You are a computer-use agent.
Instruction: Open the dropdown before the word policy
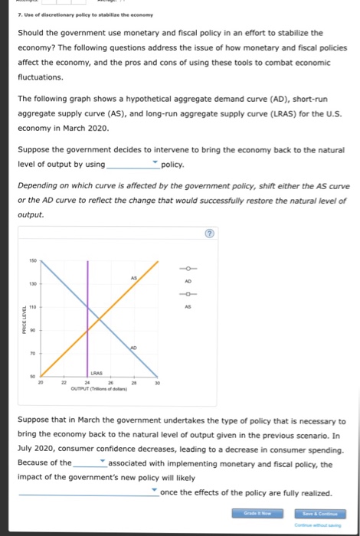[x=134, y=165]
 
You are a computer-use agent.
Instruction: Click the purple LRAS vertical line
[x=88, y=322]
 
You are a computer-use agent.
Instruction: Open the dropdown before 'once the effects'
[x=89, y=492]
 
